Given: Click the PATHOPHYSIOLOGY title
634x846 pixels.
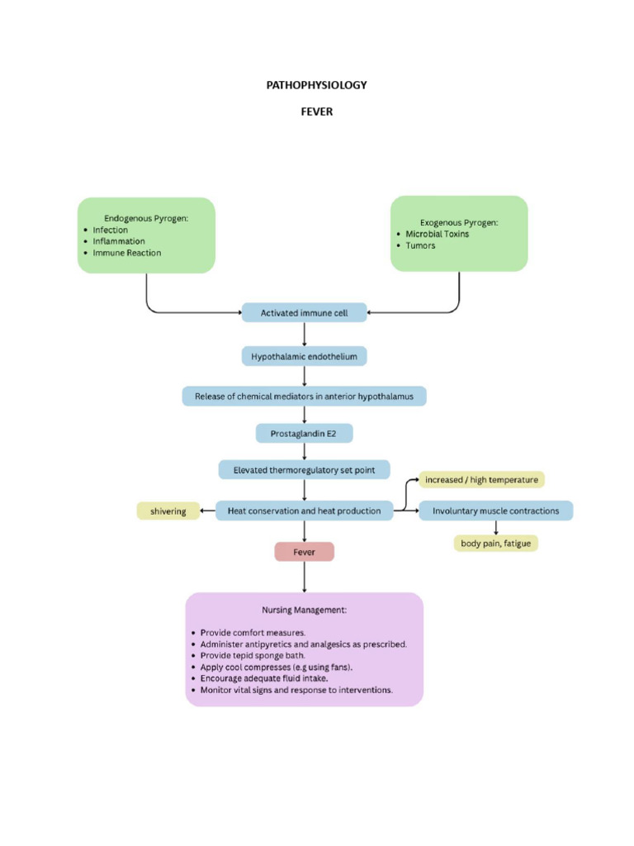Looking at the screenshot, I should point(316,85).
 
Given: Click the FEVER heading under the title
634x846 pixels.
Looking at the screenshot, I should point(316,112).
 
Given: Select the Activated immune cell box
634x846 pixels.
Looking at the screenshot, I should point(304,313).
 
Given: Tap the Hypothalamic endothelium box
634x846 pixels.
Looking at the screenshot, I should point(304,356).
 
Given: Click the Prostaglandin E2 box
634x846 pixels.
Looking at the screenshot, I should point(304,432).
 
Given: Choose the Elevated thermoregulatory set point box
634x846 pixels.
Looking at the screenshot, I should point(304,470).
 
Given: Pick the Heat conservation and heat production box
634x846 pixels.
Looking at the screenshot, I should point(304,511).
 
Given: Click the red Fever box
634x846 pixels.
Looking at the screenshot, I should point(304,552).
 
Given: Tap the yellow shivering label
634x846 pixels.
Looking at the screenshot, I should point(168,511).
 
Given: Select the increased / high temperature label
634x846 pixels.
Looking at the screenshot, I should point(481,480).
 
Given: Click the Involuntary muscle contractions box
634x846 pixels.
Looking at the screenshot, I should point(495,511).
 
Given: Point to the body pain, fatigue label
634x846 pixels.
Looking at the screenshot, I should point(495,544).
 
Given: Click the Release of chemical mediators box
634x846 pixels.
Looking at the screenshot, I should point(304,397).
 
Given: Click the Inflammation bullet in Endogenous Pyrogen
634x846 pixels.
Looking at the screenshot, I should point(119,241).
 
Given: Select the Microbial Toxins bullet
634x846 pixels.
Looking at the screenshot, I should point(437,234).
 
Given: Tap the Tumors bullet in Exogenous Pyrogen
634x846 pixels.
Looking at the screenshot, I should point(420,245).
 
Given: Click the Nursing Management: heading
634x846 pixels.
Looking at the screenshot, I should point(304,610).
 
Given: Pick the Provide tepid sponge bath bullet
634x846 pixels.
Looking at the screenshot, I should point(247,655).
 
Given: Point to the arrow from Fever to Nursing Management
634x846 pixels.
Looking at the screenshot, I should point(305,577).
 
